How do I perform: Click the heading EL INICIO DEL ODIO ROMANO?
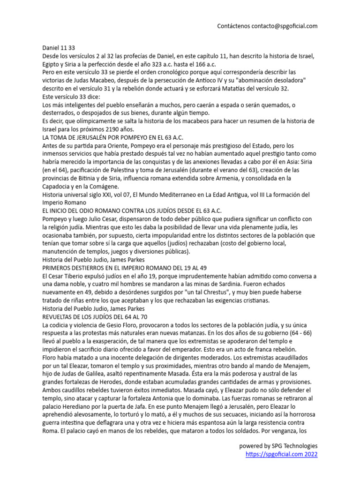132,210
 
